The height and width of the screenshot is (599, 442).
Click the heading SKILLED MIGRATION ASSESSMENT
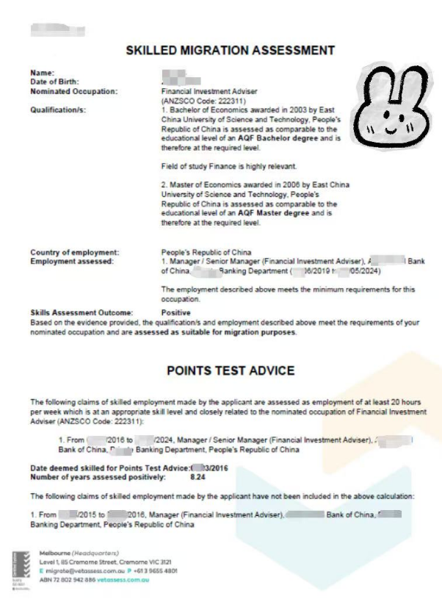click(231, 51)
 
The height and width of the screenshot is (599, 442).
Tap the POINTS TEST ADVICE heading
click(231, 370)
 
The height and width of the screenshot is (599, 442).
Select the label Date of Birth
click(54, 82)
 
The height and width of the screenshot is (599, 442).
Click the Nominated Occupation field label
click(73, 91)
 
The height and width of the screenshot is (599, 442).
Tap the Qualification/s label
click(58, 110)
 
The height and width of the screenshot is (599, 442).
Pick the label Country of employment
click(74, 253)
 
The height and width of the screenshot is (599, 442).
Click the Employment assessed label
click(72, 262)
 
